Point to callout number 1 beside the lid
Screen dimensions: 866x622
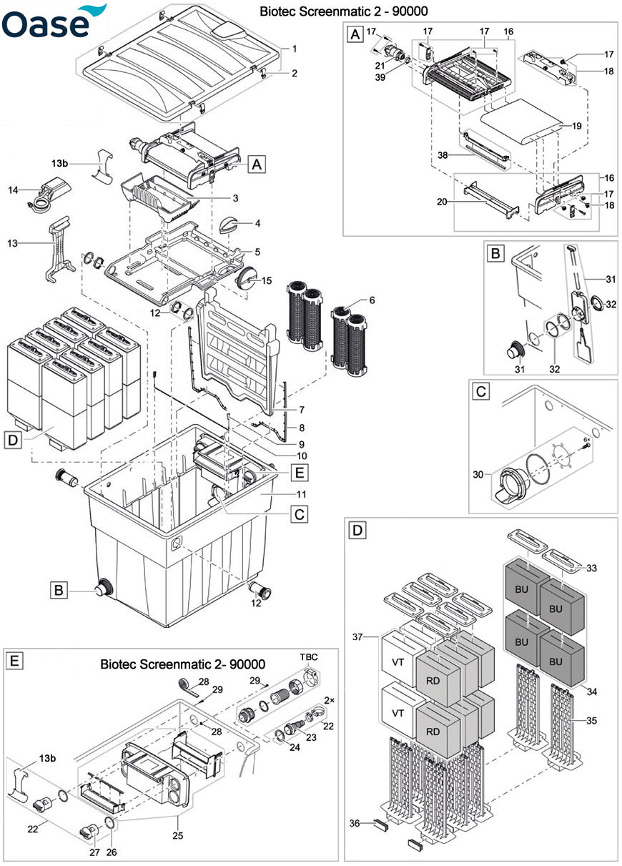coord(293,48)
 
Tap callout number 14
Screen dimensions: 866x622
coord(13,190)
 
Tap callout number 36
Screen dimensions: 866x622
coord(355,823)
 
